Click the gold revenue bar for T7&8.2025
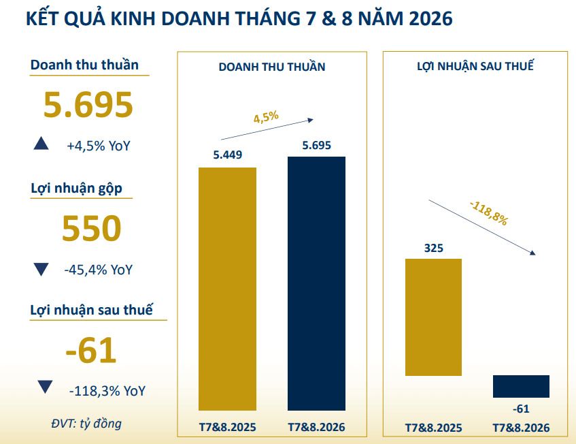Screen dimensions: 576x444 tap(227, 289)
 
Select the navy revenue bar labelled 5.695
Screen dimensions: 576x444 tap(316, 283)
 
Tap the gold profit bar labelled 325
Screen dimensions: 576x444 tap(433, 317)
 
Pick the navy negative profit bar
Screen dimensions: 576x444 tap(521, 386)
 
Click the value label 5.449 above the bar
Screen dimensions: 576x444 tap(228, 155)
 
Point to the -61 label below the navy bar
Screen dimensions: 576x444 tap(522, 409)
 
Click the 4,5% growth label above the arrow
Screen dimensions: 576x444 tap(266, 117)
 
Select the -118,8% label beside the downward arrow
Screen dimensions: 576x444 tap(490, 212)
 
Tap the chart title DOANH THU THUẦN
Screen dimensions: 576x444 tap(272, 67)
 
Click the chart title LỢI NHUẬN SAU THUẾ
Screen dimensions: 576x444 tap(475, 66)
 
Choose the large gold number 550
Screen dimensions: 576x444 tap(92, 228)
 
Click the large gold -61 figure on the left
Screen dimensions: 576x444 tap(90, 350)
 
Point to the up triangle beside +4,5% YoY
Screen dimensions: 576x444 tap(41, 143)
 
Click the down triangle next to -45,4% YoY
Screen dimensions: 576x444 tap(41, 269)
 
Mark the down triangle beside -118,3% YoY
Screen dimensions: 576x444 tap(45, 387)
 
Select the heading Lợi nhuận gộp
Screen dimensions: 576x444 tap(76, 189)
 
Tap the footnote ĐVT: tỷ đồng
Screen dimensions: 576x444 tap(86, 424)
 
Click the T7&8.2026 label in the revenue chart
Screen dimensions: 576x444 tap(316, 427)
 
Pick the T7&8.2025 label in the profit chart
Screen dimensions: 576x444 tap(433, 428)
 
